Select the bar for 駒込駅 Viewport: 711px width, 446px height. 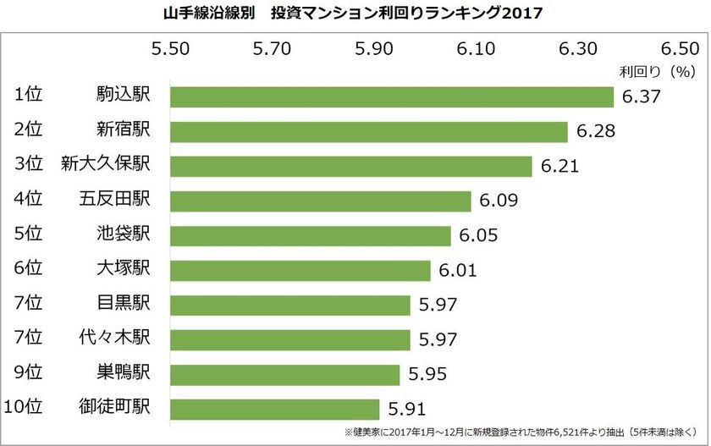click(391, 96)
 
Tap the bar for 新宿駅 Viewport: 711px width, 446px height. click(368, 131)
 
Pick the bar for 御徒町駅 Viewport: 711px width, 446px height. click(275, 409)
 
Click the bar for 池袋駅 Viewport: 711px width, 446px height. click(310, 235)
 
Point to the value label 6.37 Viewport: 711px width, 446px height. click(641, 97)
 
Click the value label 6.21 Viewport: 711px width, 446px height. click(559, 167)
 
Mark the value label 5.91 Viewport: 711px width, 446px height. click(407, 410)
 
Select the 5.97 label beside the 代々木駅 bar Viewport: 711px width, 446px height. click(438, 340)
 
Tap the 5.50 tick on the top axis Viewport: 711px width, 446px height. click(170, 49)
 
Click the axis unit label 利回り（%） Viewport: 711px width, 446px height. click(658, 72)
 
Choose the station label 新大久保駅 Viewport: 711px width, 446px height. click(105, 163)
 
